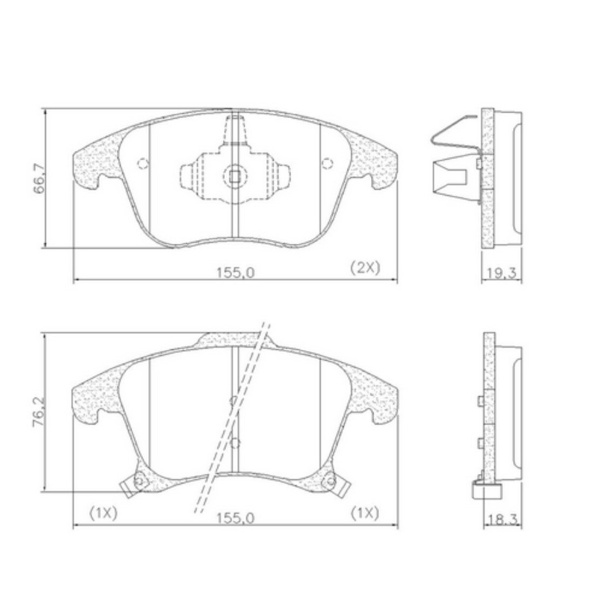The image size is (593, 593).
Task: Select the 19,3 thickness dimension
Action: click(x=501, y=273)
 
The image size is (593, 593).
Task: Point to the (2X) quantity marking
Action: click(x=365, y=268)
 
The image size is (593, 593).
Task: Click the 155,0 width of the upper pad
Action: click(x=235, y=273)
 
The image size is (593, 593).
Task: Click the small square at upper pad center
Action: click(x=235, y=176)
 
